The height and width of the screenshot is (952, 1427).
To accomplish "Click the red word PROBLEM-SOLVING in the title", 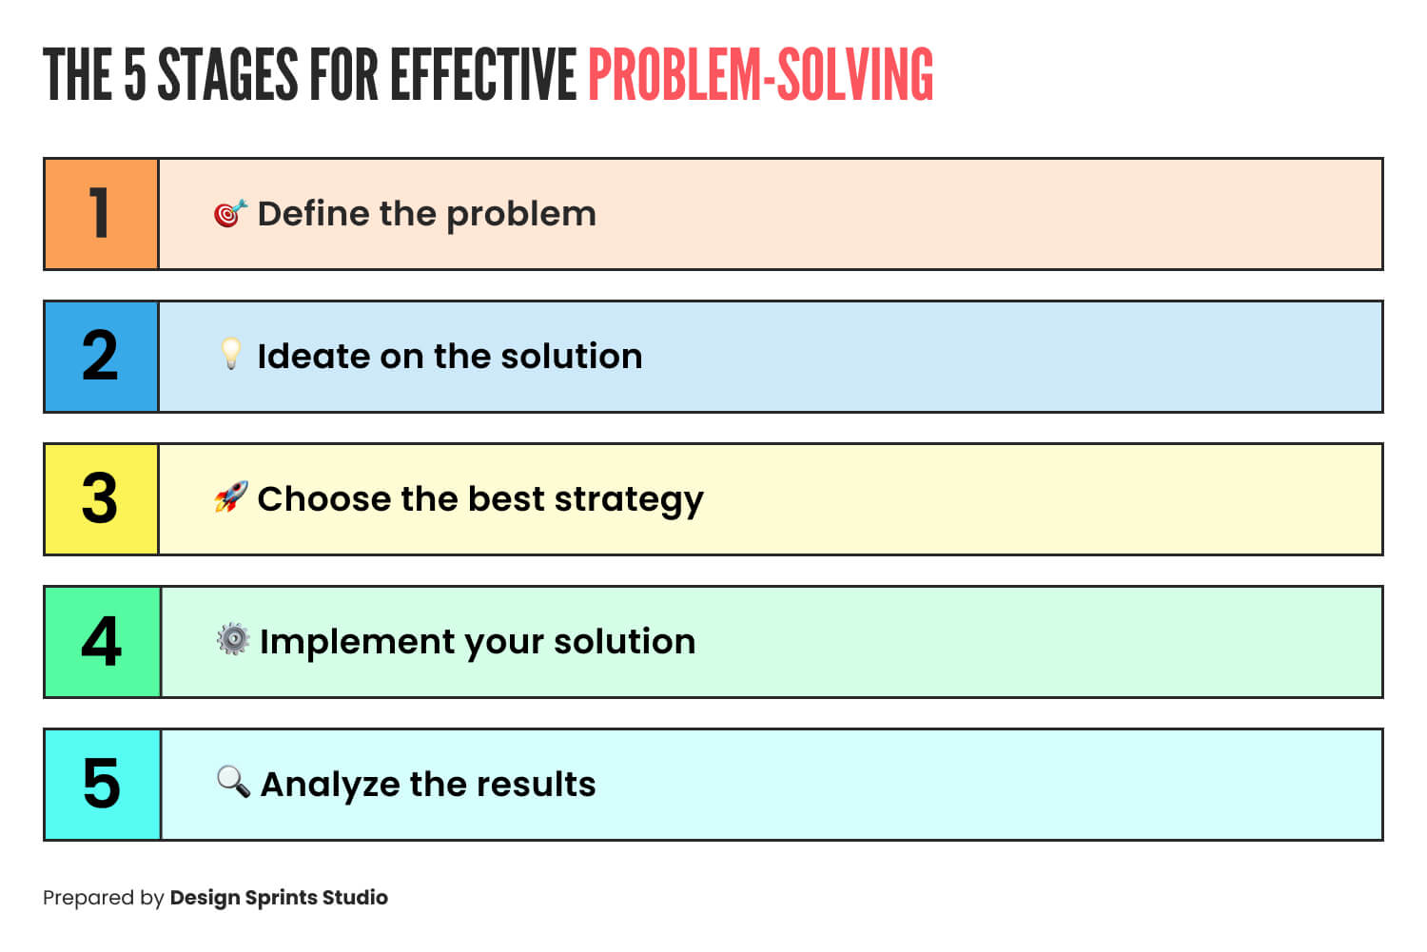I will coord(760,75).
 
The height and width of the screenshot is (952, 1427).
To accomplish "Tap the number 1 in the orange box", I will coord(100,213).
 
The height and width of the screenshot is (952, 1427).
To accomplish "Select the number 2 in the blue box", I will coord(100,357).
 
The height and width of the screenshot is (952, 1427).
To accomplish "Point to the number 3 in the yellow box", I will coord(100,498).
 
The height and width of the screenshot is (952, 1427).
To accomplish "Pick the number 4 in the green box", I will coord(101,642).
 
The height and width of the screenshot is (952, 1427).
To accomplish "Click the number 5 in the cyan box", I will coord(101,785).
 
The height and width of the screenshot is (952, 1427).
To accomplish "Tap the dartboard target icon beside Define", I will coord(230,214).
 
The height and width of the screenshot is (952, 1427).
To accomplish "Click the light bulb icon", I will coord(230,354).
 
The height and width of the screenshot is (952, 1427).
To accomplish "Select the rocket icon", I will coord(230,496).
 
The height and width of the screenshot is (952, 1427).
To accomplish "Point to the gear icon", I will coord(232,639).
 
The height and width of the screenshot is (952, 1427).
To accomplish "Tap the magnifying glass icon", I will coord(233,782).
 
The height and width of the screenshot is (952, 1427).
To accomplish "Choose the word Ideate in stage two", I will coord(313,357).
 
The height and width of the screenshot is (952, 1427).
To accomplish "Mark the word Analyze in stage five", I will coord(329,786).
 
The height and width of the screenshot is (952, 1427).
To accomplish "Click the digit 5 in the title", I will coord(135,75).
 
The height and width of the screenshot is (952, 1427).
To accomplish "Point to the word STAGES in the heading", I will coord(227,75).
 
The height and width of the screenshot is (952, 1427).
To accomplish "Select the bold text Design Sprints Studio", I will coord(279,898).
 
